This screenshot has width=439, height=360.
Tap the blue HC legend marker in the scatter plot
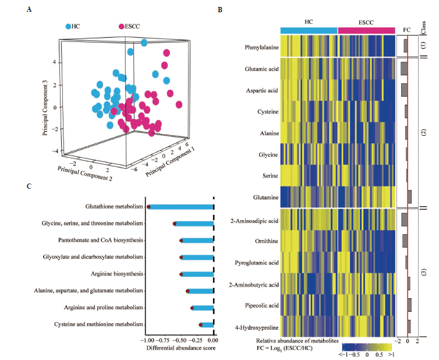coord(68,27)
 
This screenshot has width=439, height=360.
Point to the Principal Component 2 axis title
coord(86,172)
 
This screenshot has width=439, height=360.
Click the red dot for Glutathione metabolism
coord(149,206)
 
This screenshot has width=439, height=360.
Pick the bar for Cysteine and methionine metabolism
coord(207,324)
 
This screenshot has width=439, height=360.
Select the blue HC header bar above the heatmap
coord(309,29)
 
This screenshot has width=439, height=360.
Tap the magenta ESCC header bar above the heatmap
coord(367,29)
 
